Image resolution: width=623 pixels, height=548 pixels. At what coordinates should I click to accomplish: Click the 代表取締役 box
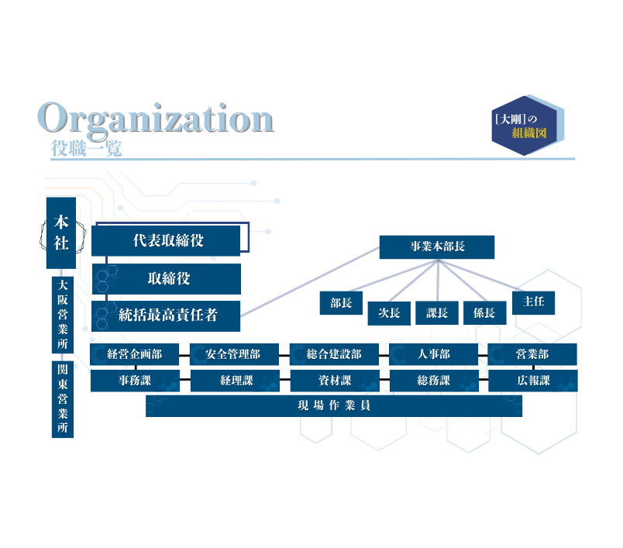[x=167, y=241]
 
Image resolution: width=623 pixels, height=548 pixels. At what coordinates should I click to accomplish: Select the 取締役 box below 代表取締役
[x=167, y=278]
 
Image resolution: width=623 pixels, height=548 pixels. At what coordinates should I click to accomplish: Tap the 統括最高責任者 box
[x=167, y=315]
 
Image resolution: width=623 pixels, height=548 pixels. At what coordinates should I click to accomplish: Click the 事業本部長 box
[x=437, y=246]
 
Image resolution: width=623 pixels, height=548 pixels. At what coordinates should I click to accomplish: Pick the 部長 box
[x=341, y=303]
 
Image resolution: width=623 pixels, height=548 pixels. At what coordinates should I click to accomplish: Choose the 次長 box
[x=388, y=312]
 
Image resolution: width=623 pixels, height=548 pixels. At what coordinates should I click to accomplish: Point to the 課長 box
[x=437, y=312]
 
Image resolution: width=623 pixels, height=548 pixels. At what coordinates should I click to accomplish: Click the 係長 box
[x=484, y=312]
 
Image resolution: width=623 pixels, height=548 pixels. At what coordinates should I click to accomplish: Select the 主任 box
[x=533, y=302]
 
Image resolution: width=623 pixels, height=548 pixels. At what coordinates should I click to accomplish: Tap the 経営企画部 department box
[x=135, y=355]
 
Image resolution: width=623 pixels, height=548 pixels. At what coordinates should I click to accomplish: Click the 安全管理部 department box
[x=234, y=355]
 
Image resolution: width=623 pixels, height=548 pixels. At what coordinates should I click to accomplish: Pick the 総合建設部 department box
[x=334, y=355]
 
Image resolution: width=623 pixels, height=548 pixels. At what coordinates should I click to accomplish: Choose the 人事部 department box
[x=433, y=355]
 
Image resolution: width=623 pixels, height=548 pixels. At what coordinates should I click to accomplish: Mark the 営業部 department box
[x=532, y=355]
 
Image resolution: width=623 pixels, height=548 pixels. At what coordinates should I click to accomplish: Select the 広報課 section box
[x=532, y=381]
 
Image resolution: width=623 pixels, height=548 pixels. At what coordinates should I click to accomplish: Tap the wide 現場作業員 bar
[x=334, y=405]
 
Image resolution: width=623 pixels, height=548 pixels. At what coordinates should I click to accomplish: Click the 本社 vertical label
[x=61, y=233]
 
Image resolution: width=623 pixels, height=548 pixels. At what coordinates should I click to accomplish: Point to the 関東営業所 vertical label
[x=63, y=399]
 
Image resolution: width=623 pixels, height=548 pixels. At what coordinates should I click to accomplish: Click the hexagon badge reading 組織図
[x=528, y=126]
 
